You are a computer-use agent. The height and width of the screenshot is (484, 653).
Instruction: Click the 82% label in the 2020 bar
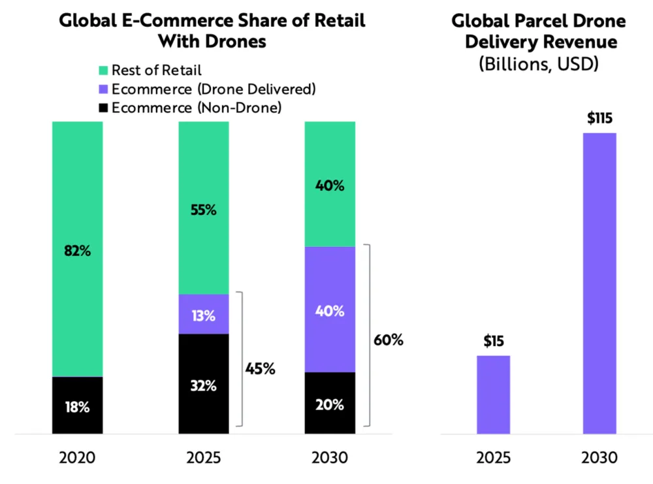pos(77,251)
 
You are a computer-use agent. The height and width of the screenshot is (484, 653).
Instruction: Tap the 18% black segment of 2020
pos(77,406)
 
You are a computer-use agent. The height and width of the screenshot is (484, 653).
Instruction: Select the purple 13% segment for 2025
pos(204,315)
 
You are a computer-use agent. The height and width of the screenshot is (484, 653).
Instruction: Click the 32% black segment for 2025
pos(204,385)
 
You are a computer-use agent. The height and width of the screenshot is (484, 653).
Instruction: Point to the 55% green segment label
pos(204,210)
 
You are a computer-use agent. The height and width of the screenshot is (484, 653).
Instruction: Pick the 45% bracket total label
pos(261,368)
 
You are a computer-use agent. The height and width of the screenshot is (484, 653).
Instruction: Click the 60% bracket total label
pos(388,340)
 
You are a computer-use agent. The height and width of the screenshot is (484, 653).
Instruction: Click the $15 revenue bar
pos(493,395)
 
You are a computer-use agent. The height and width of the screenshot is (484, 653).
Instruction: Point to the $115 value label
pos(599,119)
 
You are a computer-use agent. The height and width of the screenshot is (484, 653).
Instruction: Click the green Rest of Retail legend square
pos(103,71)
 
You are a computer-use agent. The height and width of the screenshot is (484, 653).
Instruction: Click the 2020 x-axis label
pos(77,457)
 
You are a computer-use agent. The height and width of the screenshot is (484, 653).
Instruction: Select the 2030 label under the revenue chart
pos(599,457)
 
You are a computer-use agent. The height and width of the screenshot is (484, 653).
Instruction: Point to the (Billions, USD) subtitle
pos(539,65)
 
